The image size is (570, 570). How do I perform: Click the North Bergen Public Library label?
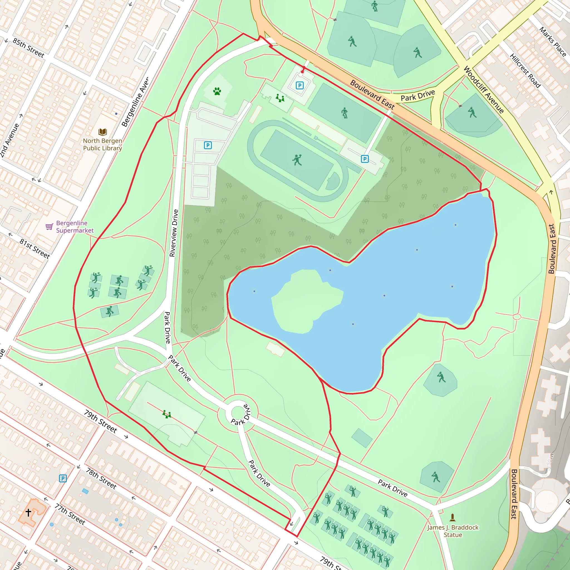[x=102, y=144]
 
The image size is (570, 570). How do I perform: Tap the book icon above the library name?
[x=103, y=132]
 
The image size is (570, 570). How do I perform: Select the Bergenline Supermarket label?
[x=75, y=227]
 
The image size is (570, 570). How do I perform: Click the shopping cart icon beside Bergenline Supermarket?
[x=49, y=227]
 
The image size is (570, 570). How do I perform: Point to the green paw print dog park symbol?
[x=217, y=91]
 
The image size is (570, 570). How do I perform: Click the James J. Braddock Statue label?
[x=453, y=531]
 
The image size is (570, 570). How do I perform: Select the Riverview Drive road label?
[x=174, y=233]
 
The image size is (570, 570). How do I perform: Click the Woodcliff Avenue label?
[x=484, y=90]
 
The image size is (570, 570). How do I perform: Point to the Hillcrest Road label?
[x=525, y=71]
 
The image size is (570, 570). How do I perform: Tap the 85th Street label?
[x=29, y=48]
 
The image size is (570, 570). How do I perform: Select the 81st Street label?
[x=35, y=249]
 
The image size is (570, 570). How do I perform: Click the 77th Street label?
[x=70, y=514]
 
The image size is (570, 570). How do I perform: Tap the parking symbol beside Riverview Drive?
[x=208, y=145]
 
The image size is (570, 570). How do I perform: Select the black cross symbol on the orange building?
[x=28, y=512]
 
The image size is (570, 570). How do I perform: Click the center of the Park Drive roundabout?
[x=238, y=412]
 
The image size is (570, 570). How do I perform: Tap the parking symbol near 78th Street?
[x=63, y=478]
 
